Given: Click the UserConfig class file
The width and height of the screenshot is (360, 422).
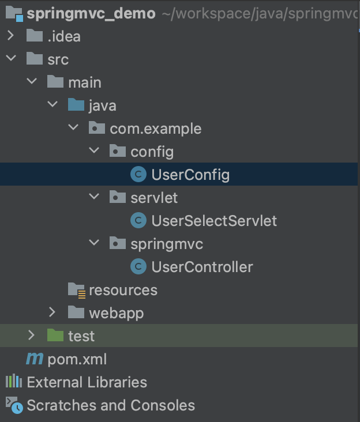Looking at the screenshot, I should point(190,175).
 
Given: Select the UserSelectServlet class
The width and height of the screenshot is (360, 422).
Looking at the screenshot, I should point(213,221).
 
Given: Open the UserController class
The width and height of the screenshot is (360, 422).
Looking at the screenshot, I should point(202,267).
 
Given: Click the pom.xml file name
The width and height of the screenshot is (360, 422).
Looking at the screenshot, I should point(77,359).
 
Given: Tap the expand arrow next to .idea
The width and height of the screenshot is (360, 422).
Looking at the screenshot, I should point(10,36).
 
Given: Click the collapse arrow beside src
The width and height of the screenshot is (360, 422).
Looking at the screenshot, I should point(10,59).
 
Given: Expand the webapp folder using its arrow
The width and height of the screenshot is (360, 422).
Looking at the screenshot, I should point(52,313).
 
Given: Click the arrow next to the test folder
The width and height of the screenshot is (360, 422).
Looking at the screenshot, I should point(32,336).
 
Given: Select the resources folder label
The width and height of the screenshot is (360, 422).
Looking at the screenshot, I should point(122,290).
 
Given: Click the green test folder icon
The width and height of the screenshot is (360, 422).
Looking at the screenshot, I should point(55,336).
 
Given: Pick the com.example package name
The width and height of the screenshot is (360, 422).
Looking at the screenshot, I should point(155,129).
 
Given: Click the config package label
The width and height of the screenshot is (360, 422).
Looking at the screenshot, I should point(152,152).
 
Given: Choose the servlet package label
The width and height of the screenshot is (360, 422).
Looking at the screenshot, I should point(154,198).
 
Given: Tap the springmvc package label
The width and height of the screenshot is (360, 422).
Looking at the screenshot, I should point(167,244).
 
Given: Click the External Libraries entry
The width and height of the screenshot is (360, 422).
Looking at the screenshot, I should point(87,382).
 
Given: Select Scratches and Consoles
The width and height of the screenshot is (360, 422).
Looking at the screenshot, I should point(110,405).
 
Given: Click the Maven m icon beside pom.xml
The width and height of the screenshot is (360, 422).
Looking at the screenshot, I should point(35,359).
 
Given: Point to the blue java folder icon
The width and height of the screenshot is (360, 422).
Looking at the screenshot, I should point(76,105).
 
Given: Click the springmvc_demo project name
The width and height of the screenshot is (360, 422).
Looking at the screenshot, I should point(91,13).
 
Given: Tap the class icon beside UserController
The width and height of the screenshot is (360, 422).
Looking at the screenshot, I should point(138,267).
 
